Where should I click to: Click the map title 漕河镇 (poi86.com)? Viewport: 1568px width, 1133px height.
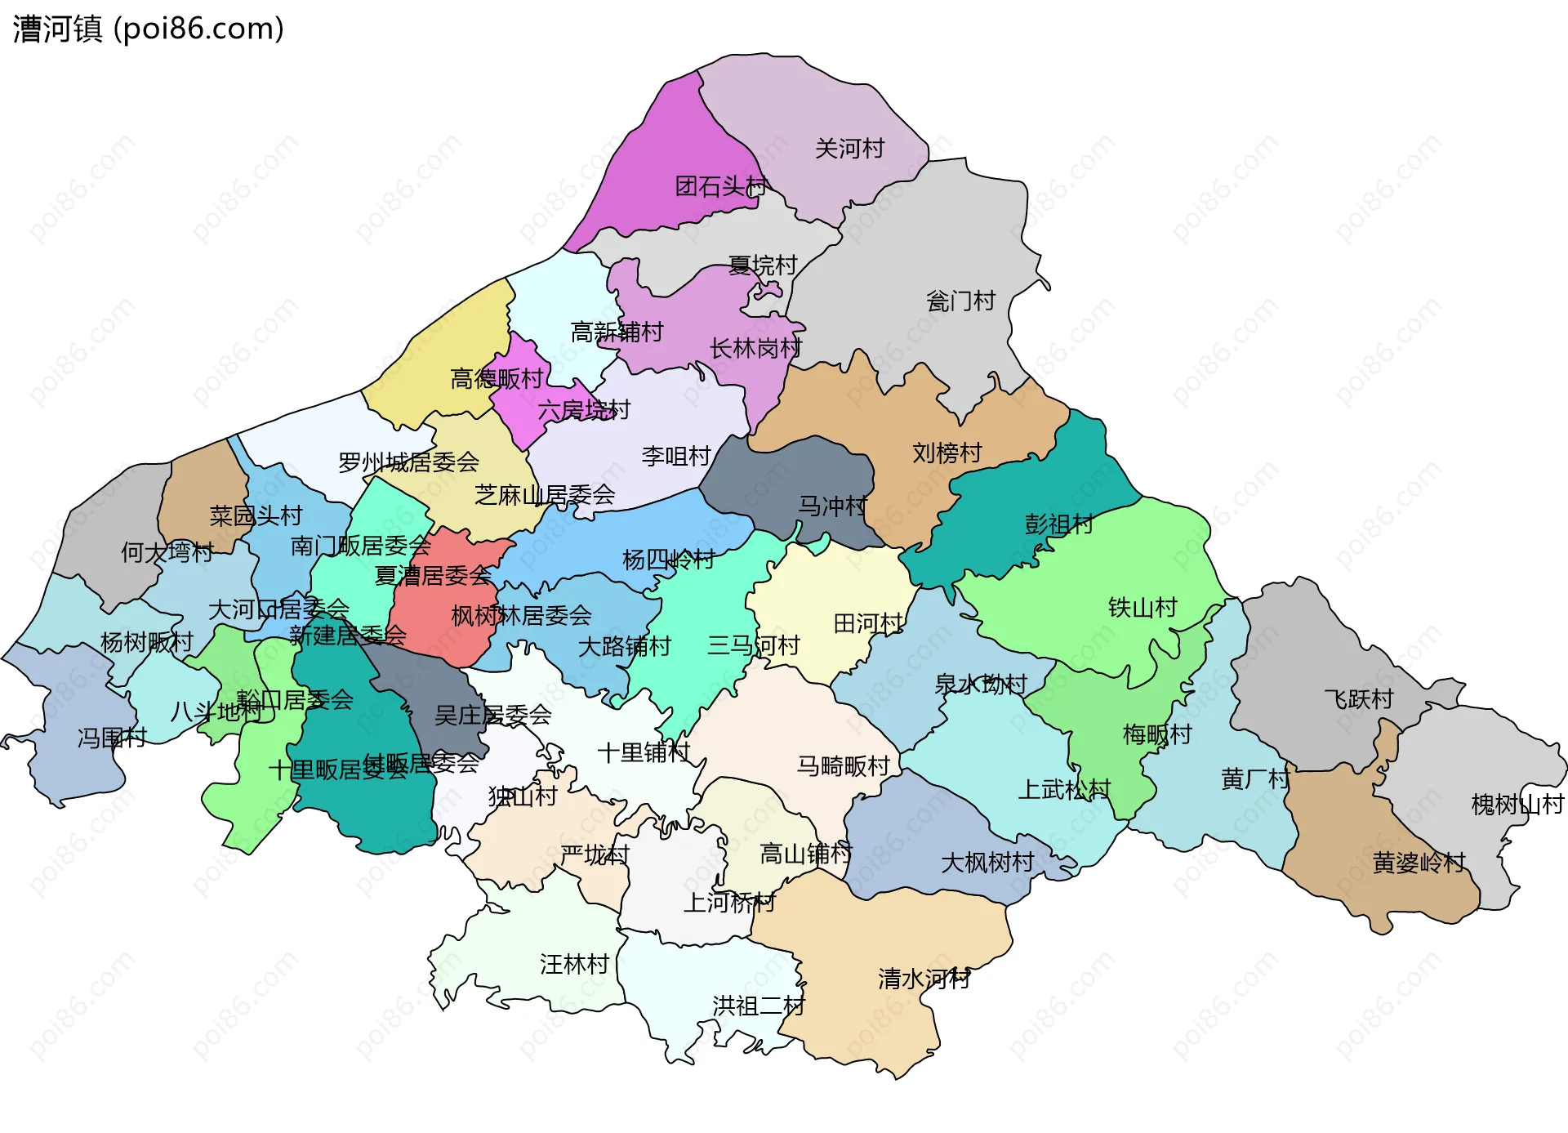coord(148,29)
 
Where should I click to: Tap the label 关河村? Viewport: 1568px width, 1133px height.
coord(849,149)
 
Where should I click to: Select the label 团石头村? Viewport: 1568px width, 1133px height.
coord(721,187)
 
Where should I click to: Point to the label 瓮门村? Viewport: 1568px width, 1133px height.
coord(960,301)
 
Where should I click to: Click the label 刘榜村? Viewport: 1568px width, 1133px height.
coord(947,453)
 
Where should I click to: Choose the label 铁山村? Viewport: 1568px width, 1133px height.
coord(1143,608)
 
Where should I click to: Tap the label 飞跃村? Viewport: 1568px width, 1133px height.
coord(1358,699)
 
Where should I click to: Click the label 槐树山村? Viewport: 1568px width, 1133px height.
coord(1517,805)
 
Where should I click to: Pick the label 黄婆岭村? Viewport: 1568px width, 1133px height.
coord(1419,863)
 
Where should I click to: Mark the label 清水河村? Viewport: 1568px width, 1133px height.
coord(924,979)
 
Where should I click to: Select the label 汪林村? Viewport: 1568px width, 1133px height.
coord(574,965)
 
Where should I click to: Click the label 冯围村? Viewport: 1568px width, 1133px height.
coord(112,738)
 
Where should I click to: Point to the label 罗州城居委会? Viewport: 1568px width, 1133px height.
coord(408,463)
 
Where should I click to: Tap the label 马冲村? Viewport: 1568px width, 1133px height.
coord(832,506)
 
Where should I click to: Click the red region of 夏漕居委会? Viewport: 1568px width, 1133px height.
coord(433,621)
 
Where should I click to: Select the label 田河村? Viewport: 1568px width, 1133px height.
coord(868,624)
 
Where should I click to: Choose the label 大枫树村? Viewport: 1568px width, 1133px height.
coord(987,863)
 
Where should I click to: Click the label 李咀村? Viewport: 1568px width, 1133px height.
coord(676,457)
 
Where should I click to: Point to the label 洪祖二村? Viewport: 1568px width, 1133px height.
coord(759,1006)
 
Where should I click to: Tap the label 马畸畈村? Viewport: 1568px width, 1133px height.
coord(843,766)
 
